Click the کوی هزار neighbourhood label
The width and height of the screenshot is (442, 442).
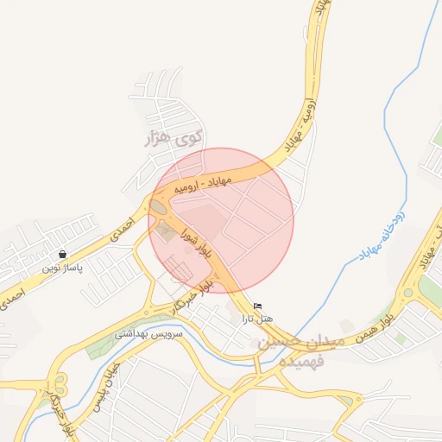coord(176,137)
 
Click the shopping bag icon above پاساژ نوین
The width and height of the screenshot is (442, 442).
coord(62,255)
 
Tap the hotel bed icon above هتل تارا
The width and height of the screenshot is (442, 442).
coord(257,306)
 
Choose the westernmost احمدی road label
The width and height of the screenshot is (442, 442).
coord(11,299)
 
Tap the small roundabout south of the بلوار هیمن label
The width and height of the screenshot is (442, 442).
coord(354,401)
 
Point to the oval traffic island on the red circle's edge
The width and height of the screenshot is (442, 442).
coord(158,208)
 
